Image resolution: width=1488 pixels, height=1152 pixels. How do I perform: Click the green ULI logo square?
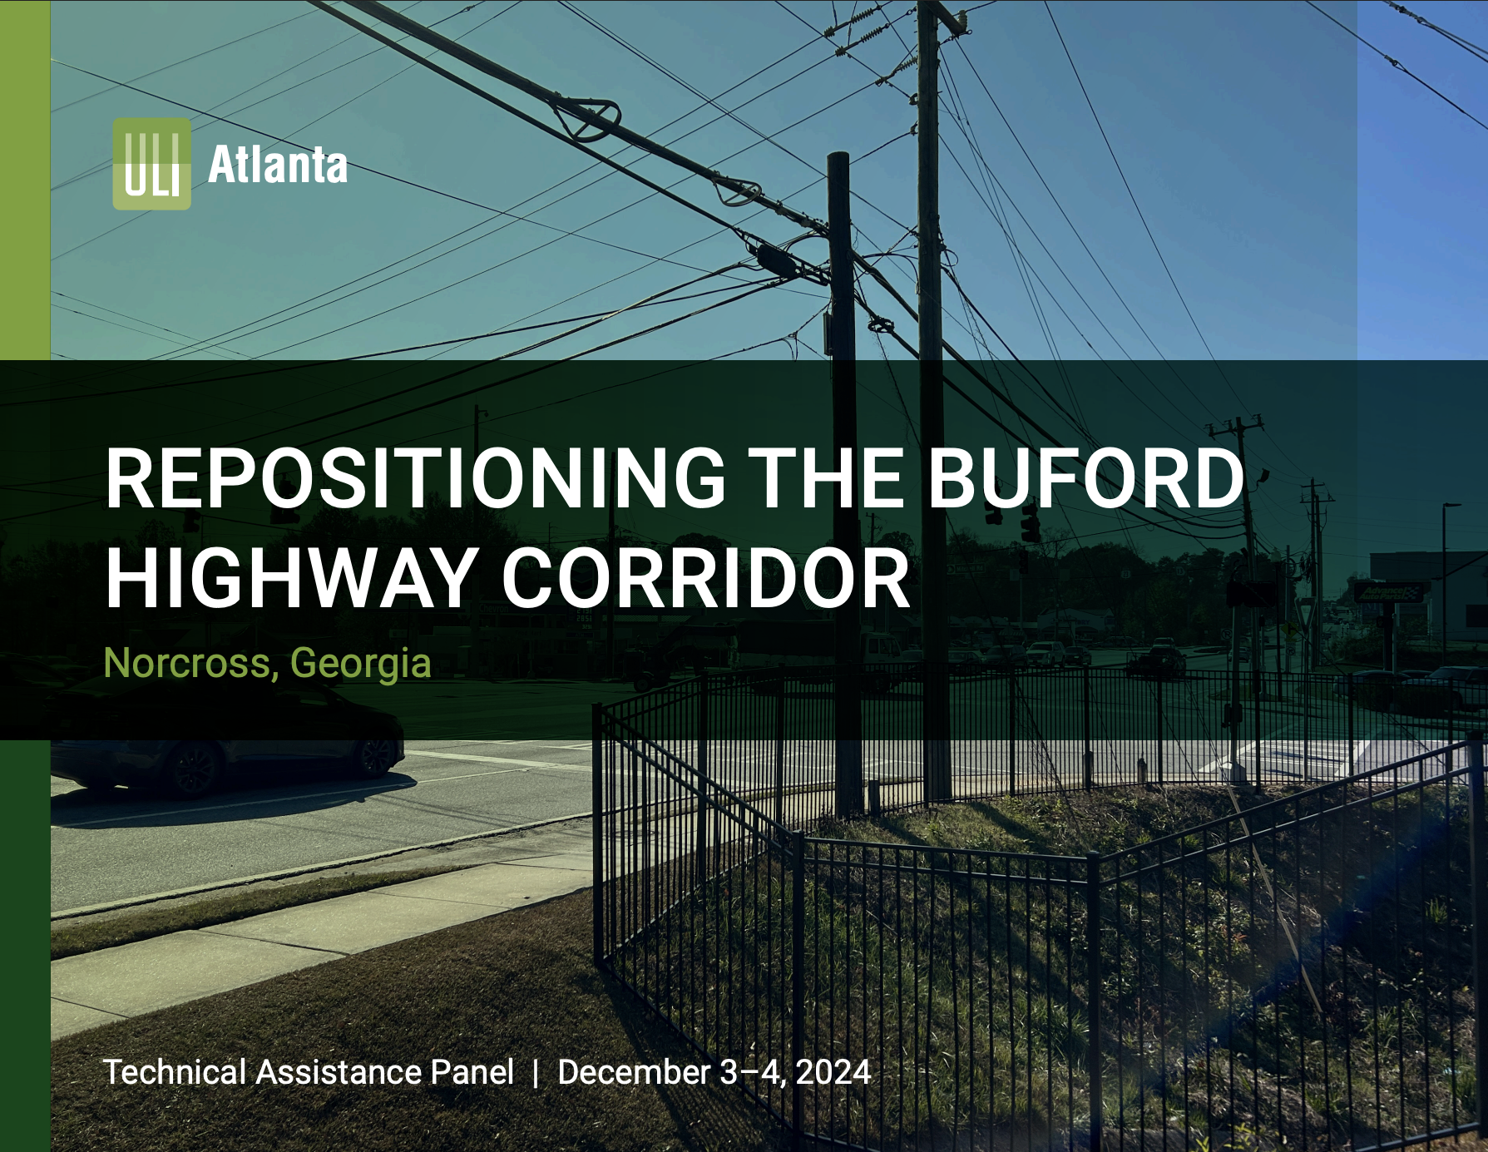click(x=151, y=163)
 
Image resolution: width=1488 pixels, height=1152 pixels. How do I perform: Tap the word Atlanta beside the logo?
click(x=278, y=165)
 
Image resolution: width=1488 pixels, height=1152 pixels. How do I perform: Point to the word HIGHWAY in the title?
click(x=290, y=579)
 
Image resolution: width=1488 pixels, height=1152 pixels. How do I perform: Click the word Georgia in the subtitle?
click(x=360, y=663)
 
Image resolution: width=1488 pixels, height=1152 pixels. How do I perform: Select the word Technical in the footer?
click(x=175, y=1072)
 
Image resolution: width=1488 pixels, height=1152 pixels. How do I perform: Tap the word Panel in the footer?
click(x=472, y=1072)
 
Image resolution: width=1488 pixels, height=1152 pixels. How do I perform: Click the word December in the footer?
click(x=634, y=1072)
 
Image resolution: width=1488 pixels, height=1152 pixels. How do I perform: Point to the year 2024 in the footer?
click(x=833, y=1072)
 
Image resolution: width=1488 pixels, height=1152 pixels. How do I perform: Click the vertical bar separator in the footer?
click(x=536, y=1073)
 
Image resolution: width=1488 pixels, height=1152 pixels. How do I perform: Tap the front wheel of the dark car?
click(x=193, y=767)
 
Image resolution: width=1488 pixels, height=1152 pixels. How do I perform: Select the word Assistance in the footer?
click(x=338, y=1072)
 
